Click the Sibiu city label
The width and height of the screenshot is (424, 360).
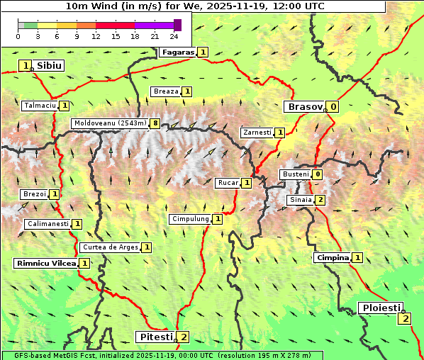point(50,66)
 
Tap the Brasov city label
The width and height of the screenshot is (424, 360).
point(304,107)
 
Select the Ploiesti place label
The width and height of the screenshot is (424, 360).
point(381,308)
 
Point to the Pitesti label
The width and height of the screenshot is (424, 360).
point(155,336)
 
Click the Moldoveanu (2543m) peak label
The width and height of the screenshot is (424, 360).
point(109,123)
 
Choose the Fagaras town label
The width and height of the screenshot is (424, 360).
point(177,52)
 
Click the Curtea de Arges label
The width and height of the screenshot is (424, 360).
point(109,247)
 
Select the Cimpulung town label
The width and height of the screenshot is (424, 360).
point(190,219)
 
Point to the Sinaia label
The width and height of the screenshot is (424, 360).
point(299,200)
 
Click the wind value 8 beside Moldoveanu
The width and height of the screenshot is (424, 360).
point(155,123)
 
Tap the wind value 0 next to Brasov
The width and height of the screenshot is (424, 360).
point(333,107)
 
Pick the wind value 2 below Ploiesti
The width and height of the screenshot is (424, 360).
point(404,318)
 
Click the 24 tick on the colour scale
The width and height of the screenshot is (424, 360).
point(174,36)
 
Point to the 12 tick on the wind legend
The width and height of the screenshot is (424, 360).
point(96,36)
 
